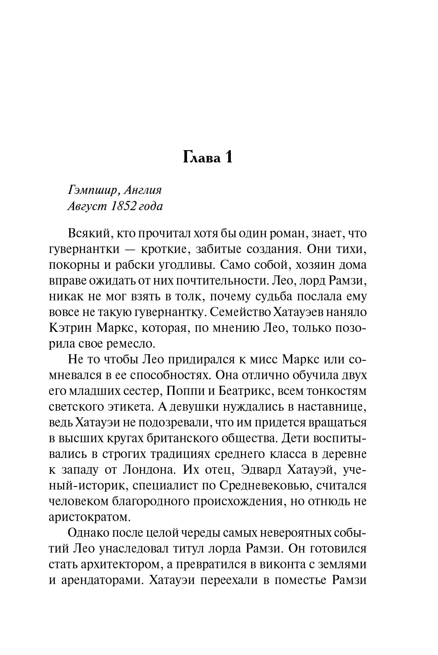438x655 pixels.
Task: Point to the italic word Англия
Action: click(142, 190)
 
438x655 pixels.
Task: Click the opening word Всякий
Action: click(86, 233)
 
